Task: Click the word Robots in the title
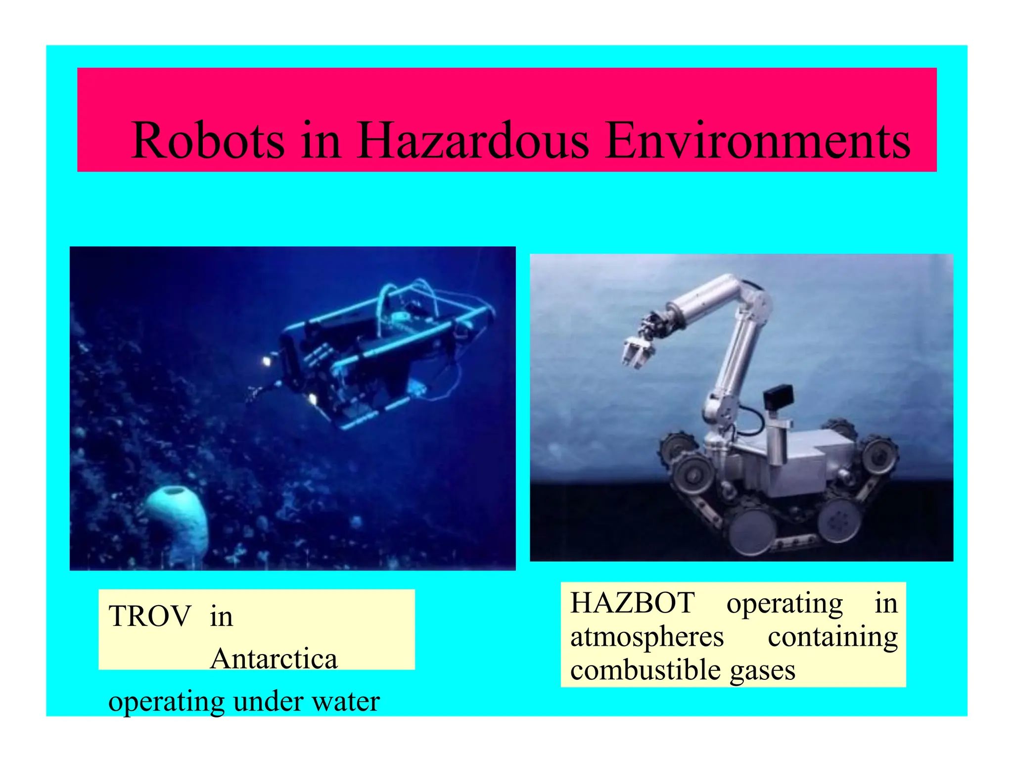click(x=208, y=141)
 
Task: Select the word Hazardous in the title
click(x=473, y=141)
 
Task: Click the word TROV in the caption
click(x=150, y=617)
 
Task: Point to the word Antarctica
click(x=274, y=659)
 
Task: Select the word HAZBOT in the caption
click(x=633, y=603)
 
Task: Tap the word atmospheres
click(x=647, y=637)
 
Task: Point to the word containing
click(x=832, y=637)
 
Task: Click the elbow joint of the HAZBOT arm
click(x=754, y=297)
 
